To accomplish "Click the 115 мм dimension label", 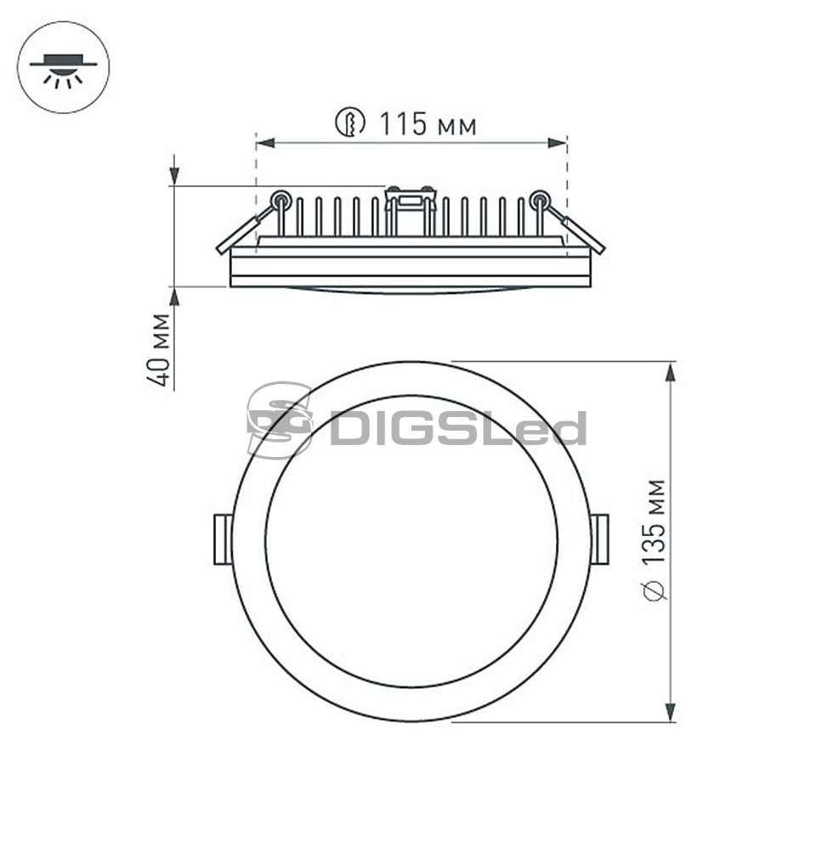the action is [x=428, y=124].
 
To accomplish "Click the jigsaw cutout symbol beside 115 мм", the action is [x=350, y=123].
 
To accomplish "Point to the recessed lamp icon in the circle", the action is [x=64, y=70].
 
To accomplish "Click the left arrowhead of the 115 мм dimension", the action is [x=265, y=144].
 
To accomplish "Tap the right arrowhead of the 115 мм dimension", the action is [x=557, y=144].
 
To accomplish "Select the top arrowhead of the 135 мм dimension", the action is [x=670, y=372].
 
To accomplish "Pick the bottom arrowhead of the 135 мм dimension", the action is [x=670, y=712].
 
